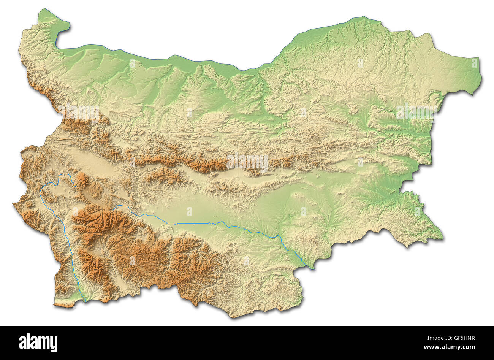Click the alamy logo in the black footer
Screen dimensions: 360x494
(x=38, y=343)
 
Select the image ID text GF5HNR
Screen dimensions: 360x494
(x=459, y=338)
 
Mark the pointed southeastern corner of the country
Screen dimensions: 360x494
(x=442, y=239)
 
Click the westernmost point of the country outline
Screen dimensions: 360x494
(x=14, y=205)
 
